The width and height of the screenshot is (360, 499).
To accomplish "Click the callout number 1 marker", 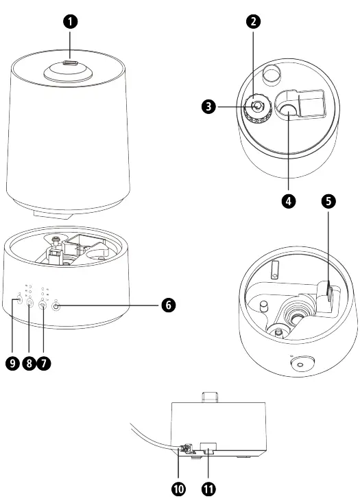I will pos(69,21).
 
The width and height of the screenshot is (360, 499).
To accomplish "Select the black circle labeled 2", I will pos(254,21).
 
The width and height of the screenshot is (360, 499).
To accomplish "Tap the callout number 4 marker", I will pos(291,202).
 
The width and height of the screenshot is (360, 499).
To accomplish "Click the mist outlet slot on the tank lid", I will pos(69,63).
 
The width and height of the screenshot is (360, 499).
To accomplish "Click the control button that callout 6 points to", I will pos(56,307).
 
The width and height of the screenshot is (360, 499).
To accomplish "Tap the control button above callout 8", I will pos(30,302).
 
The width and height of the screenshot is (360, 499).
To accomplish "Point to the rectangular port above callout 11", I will pos(208,450).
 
